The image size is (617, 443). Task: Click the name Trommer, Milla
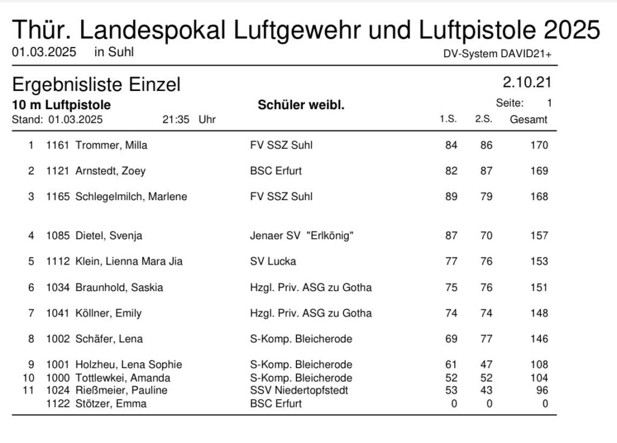tap(111, 145)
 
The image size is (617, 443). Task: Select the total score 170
tap(539, 145)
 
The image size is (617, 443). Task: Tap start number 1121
tap(57, 171)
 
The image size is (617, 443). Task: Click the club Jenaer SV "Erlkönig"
tap(302, 236)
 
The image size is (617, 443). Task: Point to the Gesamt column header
tap(528, 119)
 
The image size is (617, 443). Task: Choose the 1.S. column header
tap(448, 119)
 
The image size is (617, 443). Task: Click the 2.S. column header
tap(484, 119)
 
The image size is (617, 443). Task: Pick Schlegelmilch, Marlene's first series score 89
tap(451, 196)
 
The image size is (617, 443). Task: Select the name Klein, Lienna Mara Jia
tap(129, 262)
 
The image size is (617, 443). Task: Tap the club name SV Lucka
tap(273, 262)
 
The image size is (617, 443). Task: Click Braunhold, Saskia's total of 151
tap(539, 287)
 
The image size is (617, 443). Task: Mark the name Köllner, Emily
tap(108, 313)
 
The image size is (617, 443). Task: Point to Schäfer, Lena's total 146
tap(539, 339)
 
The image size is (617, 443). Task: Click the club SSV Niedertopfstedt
tap(299, 390)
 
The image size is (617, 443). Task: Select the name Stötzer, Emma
tap(111, 404)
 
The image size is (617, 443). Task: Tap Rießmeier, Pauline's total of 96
tap(542, 390)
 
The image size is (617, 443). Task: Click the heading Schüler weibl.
tap(301, 105)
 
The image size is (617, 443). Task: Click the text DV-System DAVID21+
tap(497, 54)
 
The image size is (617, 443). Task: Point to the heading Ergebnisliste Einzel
tap(96, 85)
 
